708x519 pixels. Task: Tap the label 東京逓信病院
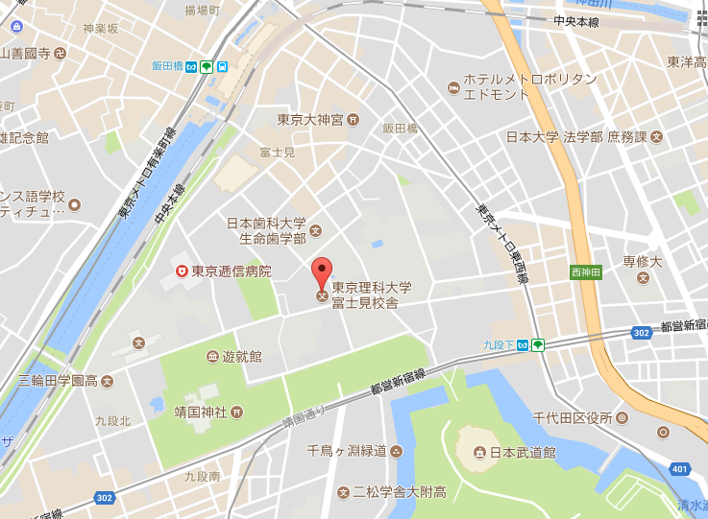click(x=232, y=271)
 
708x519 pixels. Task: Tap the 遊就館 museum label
click(x=241, y=356)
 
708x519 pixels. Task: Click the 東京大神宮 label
click(x=309, y=120)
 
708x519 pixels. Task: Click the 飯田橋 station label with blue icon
click(x=167, y=67)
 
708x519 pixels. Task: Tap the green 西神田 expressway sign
click(x=585, y=272)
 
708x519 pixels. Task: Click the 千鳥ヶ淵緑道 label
click(x=346, y=451)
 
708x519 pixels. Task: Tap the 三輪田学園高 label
click(x=57, y=381)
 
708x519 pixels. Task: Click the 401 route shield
click(x=680, y=469)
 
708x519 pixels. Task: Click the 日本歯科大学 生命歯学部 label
click(x=266, y=230)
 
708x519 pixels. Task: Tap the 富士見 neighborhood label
click(x=277, y=153)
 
